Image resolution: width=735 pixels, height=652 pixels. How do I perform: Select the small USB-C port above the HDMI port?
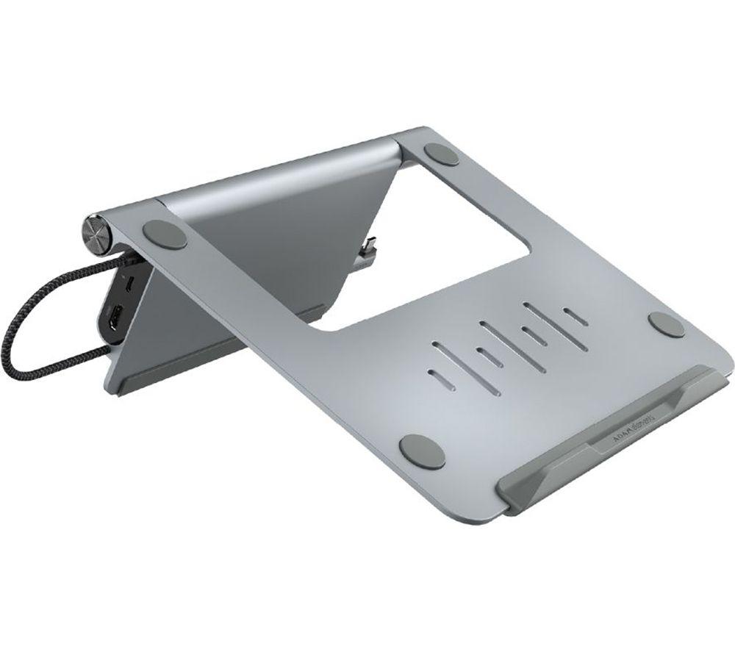point(129,283)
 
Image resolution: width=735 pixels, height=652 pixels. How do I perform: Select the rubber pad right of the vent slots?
point(668,325)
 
